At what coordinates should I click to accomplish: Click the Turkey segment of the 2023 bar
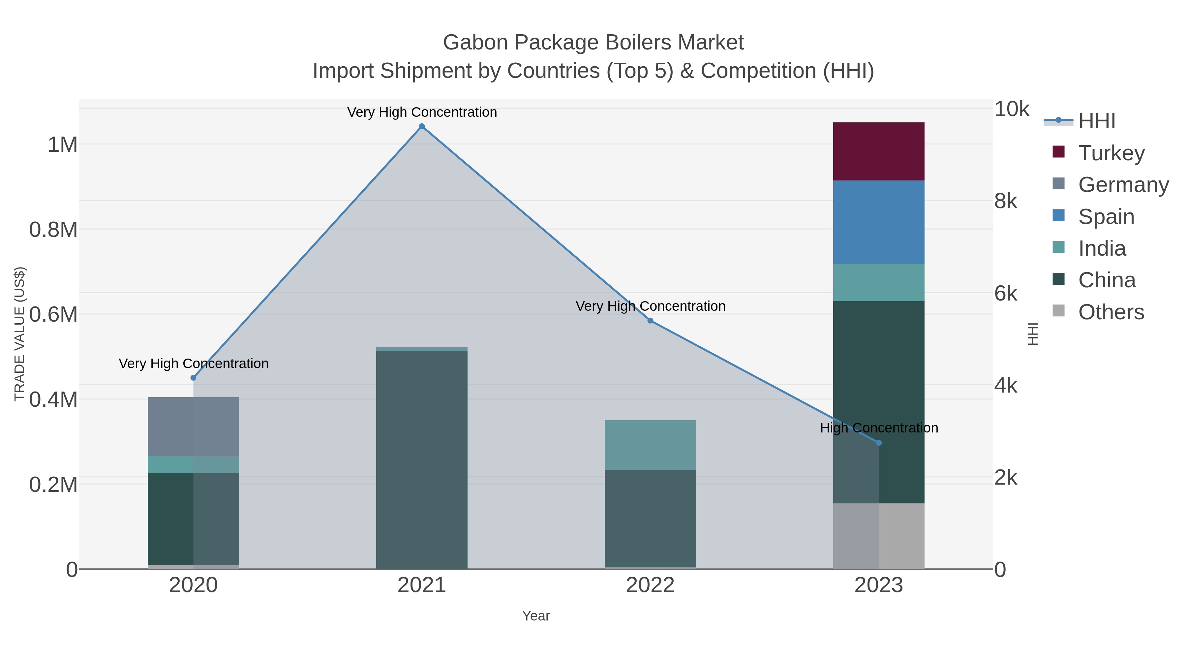878,151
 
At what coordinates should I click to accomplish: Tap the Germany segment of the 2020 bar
193,427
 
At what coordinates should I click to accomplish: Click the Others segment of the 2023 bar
878,536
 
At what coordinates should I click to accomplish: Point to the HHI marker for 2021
422,126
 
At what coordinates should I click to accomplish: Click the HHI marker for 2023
878,443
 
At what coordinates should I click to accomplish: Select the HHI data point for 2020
194,378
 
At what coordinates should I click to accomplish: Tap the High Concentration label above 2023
878,428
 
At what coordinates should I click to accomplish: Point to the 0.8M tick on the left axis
53,230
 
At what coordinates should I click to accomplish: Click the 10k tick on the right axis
1012,109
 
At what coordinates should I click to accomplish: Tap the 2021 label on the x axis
422,585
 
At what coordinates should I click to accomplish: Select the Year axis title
535,616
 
